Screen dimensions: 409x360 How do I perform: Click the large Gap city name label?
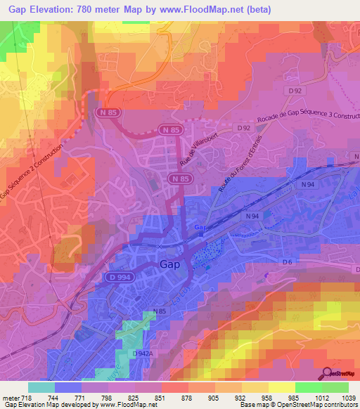click(170, 265)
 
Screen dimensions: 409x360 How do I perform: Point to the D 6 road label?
click(286, 261)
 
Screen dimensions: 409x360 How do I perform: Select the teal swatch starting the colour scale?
click(41, 387)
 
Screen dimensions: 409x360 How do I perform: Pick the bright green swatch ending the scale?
click(335, 387)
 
